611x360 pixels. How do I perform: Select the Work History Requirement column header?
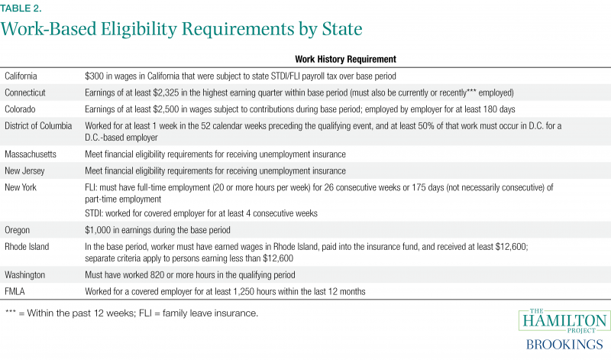coord(344,59)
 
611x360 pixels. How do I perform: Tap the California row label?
coord(24,75)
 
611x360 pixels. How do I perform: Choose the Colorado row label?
coord(24,109)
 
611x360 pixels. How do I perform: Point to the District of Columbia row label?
coord(39,125)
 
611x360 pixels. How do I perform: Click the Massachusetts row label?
coord(31,154)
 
